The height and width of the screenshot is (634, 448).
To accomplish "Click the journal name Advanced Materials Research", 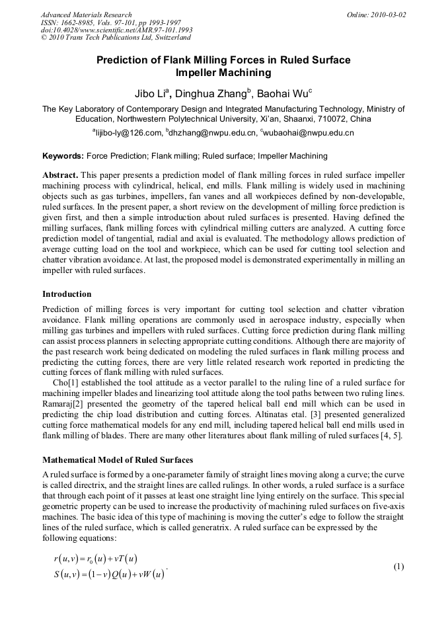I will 86,15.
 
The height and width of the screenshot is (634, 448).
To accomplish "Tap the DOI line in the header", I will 117,30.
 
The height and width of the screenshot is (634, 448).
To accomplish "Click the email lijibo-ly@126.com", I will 129,133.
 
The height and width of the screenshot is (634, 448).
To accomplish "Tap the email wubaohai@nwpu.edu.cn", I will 309,133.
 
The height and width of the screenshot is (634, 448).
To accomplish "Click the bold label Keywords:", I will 63,156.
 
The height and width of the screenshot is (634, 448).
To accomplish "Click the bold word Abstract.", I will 61,175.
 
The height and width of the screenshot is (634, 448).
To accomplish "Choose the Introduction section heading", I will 67,294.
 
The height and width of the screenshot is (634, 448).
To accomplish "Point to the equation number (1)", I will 398,567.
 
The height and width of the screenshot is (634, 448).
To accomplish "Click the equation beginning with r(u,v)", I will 95,559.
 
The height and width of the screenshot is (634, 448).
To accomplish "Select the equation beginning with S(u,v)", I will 108,573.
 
